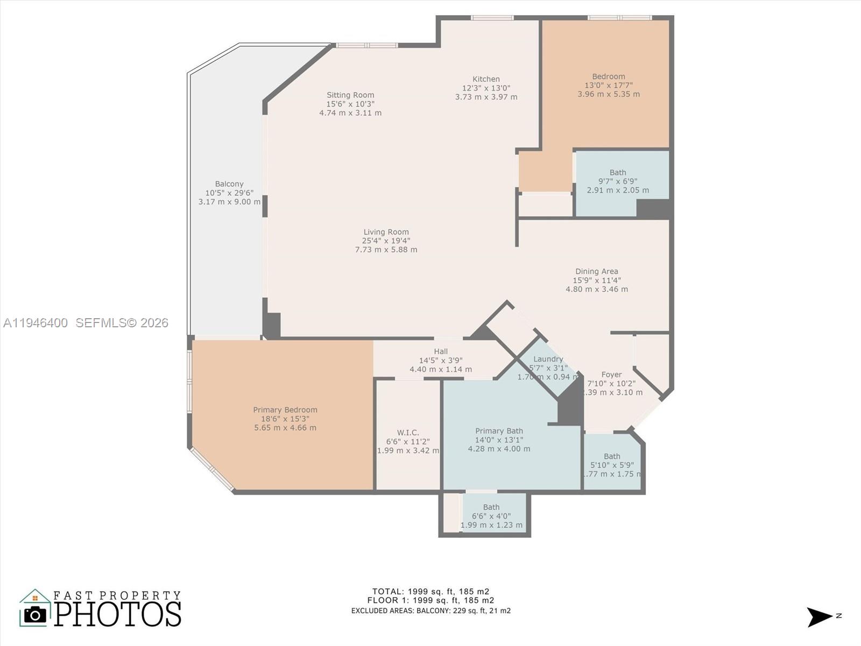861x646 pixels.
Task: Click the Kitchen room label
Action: click(x=486, y=79)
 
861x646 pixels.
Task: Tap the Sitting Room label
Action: click(x=350, y=95)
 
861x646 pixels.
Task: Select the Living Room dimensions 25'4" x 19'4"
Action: click(x=386, y=241)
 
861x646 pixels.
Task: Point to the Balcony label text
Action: click(x=229, y=184)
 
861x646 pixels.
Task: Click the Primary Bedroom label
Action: click(x=285, y=410)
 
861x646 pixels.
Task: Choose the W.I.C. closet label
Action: click(x=408, y=432)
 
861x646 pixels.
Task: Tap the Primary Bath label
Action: click(x=499, y=431)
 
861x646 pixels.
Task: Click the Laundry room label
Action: click(x=548, y=359)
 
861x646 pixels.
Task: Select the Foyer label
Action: click(x=611, y=374)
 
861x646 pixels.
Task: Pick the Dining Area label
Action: click(x=596, y=271)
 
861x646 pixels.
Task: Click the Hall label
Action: click(x=441, y=352)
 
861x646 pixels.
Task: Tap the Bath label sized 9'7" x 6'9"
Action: click(x=618, y=172)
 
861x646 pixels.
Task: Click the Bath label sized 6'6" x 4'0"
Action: click(x=491, y=507)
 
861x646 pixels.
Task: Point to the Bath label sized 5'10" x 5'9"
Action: click(x=612, y=456)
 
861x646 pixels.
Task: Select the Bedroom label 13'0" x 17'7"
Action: click(x=609, y=76)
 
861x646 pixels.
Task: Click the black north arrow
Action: click(x=819, y=617)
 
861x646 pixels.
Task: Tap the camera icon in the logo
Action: click(x=36, y=614)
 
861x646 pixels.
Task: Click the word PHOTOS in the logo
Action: click(x=117, y=614)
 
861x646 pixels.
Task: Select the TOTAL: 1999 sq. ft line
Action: click(x=430, y=591)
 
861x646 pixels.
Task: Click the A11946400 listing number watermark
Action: click(x=36, y=322)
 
